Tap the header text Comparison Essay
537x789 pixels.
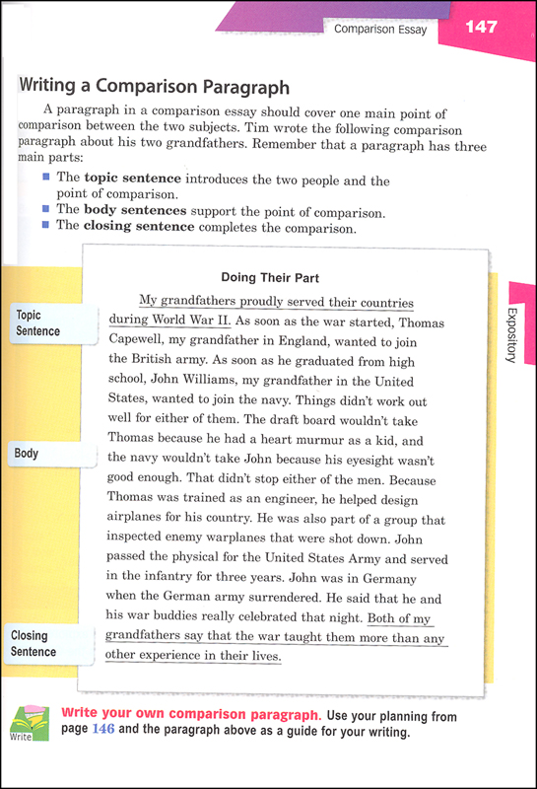[380, 30]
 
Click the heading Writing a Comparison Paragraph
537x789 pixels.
[154, 86]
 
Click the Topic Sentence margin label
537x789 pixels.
[38, 323]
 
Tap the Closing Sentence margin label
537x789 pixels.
[35, 644]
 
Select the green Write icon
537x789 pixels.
[27, 723]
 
